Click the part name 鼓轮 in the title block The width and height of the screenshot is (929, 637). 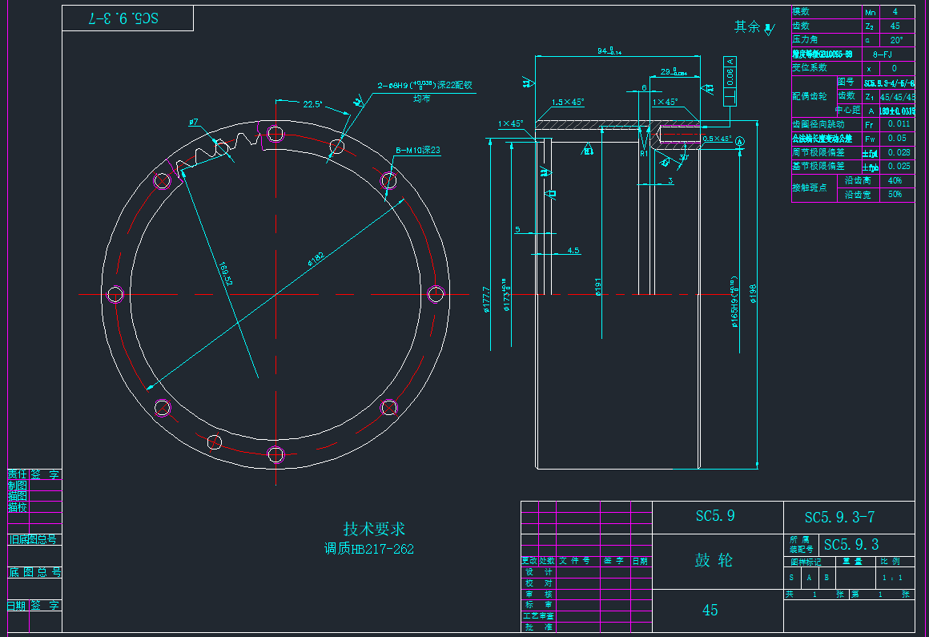tap(713, 560)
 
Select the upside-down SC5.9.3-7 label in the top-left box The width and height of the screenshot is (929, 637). tap(127, 18)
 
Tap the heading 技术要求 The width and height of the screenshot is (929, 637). tap(374, 529)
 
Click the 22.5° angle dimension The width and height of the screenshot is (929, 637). tap(312, 104)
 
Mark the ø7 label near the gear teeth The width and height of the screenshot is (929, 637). tap(194, 123)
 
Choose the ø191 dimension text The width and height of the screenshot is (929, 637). tap(598, 287)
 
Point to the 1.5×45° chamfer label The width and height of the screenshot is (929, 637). tap(568, 102)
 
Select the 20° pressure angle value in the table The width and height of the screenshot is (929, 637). tap(896, 39)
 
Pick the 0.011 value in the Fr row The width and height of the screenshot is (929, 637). tap(899, 124)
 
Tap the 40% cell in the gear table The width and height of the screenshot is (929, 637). tap(895, 180)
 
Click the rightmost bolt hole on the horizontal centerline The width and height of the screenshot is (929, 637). tap(436, 293)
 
